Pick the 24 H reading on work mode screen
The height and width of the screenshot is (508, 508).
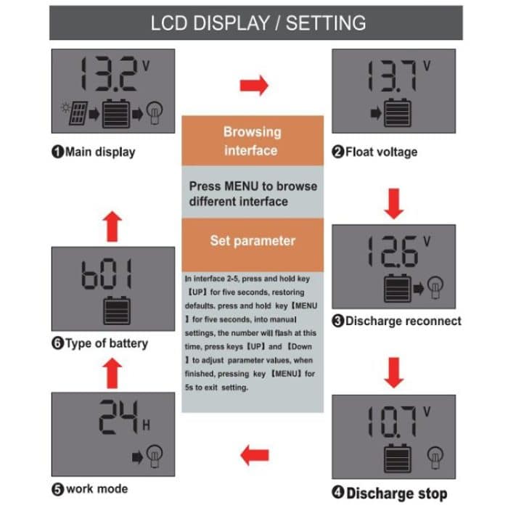[x=116, y=419]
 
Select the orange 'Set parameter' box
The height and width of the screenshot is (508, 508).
[x=252, y=240]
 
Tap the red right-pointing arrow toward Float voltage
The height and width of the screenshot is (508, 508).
[x=253, y=85]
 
